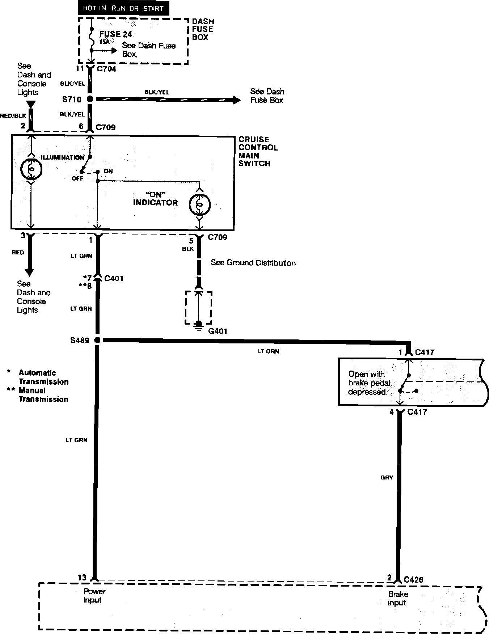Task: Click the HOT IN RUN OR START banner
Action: [x=123, y=8]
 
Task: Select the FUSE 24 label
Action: [x=115, y=34]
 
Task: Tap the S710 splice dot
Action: [x=90, y=99]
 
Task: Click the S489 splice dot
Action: [x=97, y=340]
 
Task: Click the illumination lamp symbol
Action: [x=31, y=169]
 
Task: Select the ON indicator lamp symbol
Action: [x=199, y=204]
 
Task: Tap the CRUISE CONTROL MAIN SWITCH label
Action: [x=258, y=151]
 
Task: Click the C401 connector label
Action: [x=114, y=278]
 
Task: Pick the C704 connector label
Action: [x=106, y=69]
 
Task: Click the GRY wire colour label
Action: [x=387, y=477]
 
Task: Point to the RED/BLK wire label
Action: [x=13, y=116]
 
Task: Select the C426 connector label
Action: [x=414, y=579]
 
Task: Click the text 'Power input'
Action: [x=94, y=596]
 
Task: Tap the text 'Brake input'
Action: [x=397, y=598]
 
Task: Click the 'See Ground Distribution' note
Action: [x=253, y=263]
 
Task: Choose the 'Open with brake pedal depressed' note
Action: [x=369, y=383]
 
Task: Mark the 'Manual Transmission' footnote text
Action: [x=43, y=395]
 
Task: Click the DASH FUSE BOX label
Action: [x=203, y=29]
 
